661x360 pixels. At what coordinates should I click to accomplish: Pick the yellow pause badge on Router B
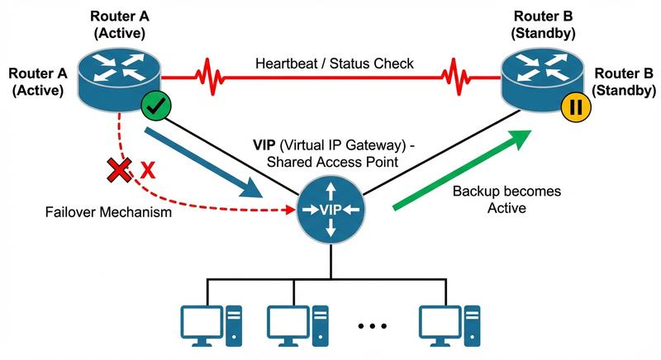click(x=573, y=107)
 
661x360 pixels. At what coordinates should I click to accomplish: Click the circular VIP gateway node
click(x=330, y=211)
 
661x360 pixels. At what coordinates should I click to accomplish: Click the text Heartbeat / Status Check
click(x=335, y=64)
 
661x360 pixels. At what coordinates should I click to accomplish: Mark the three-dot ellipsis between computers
click(x=373, y=327)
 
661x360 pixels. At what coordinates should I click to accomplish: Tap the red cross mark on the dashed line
click(x=117, y=171)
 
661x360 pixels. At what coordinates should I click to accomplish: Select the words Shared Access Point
click(x=330, y=162)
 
